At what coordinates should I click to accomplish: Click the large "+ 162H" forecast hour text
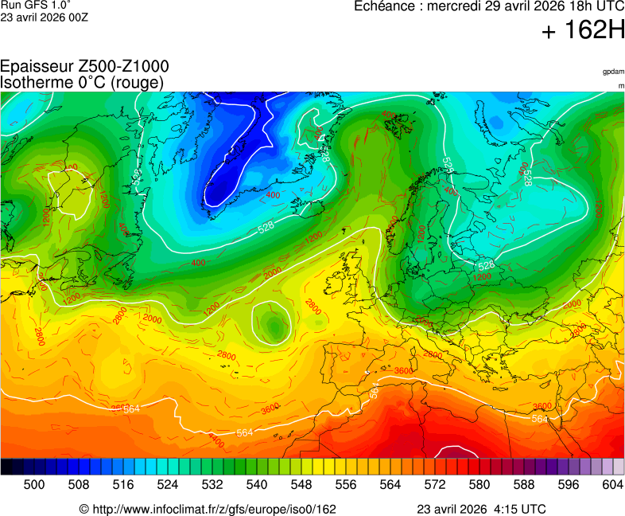pos(583,31)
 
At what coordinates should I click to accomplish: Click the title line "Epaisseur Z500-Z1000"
pos(84,67)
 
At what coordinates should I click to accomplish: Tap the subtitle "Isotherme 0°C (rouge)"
pos(82,82)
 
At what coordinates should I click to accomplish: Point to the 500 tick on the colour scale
pos(34,483)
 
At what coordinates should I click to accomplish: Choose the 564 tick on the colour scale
pos(390,483)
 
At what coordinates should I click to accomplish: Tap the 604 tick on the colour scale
pos(613,483)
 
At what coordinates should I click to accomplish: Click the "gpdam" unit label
pos(613,72)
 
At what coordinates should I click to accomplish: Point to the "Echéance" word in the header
pos(382,6)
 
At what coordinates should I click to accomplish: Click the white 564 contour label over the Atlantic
pos(245,432)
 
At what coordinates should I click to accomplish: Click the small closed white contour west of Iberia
pos(272,323)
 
